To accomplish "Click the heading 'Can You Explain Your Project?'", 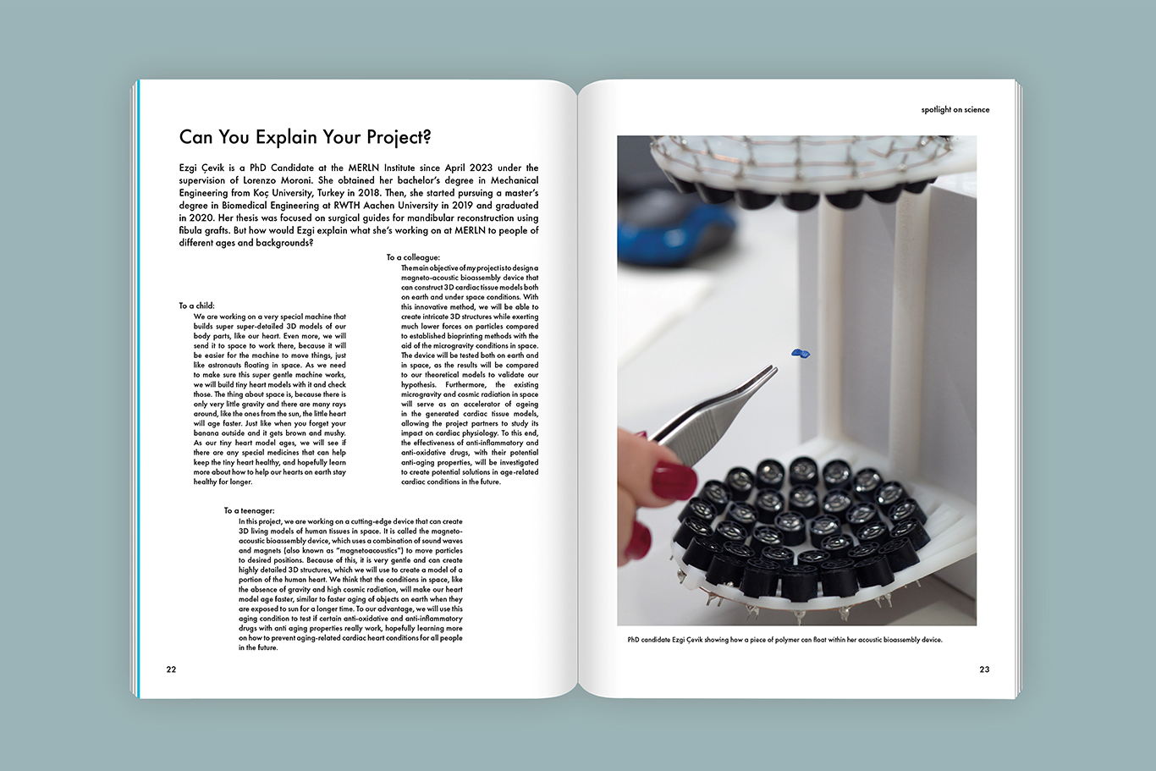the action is pos(305,137).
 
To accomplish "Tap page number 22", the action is pos(171,669).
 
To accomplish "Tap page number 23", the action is pos(985,669).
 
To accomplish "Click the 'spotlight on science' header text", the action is pos(955,110).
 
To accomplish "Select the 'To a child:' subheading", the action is pos(196,306).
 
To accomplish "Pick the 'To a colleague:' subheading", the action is pos(413,257).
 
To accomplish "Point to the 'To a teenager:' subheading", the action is pos(250,511).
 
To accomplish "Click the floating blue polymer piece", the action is pos(801,354).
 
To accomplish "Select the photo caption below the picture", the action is pos(784,640).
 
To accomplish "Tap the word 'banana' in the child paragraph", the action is pos(206,433).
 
